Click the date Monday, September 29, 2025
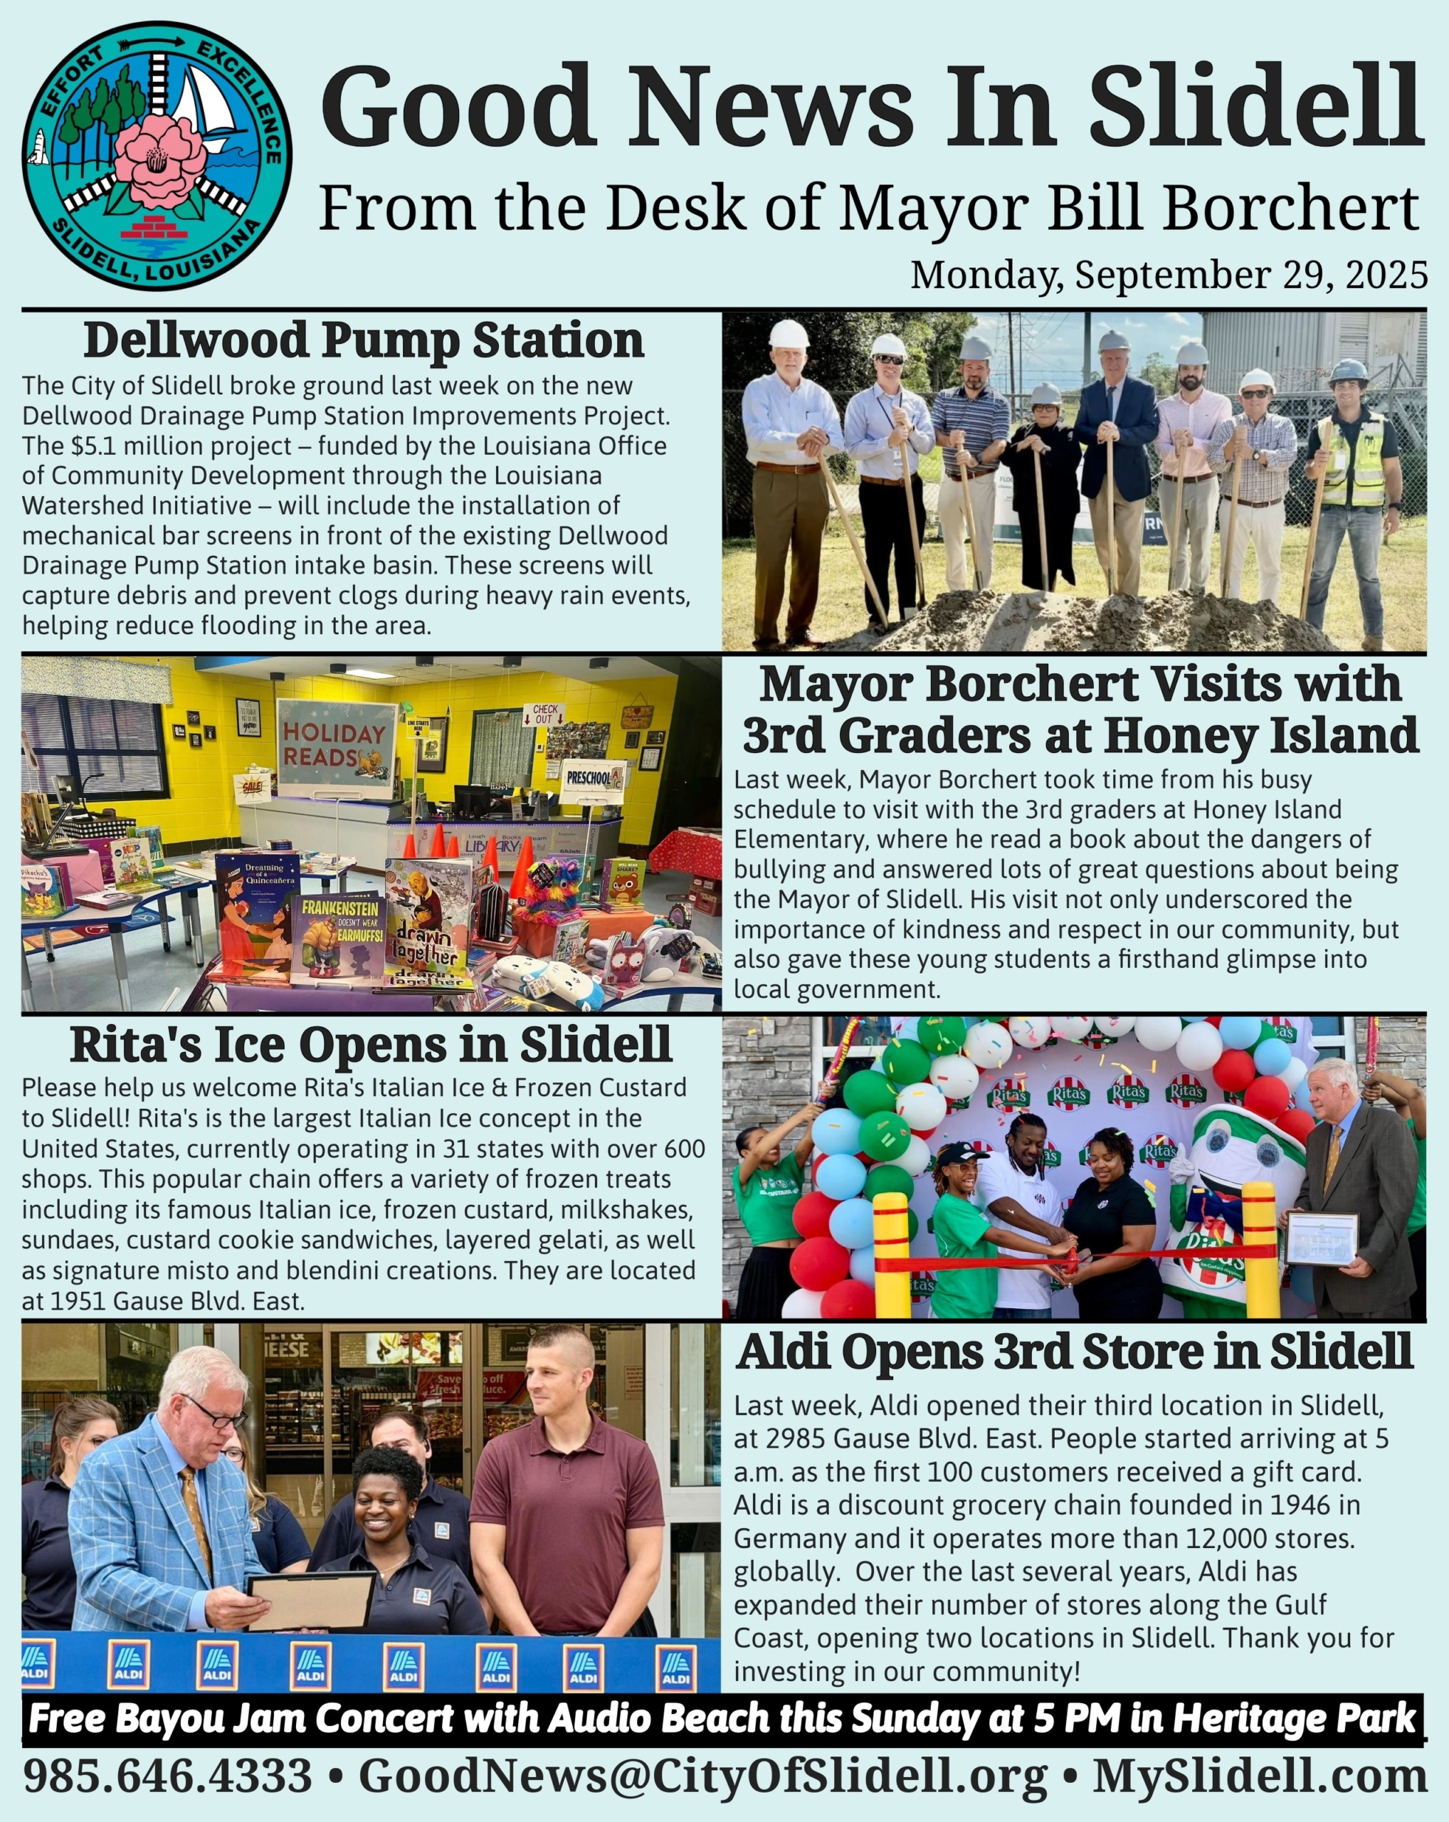coord(1169,275)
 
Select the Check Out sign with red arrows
coord(544,714)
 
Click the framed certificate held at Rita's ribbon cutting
coord(1322,1239)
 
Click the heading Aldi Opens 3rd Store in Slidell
coord(1074,1352)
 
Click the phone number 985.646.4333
coord(167,1776)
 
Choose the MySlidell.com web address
coord(1260,1776)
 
